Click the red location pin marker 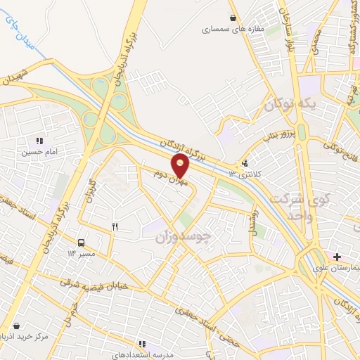[181, 165]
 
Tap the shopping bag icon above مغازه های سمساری [233, 18]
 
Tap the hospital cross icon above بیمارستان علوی [337, 257]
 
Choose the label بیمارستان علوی [337, 268]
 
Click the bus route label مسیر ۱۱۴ [82, 252]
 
